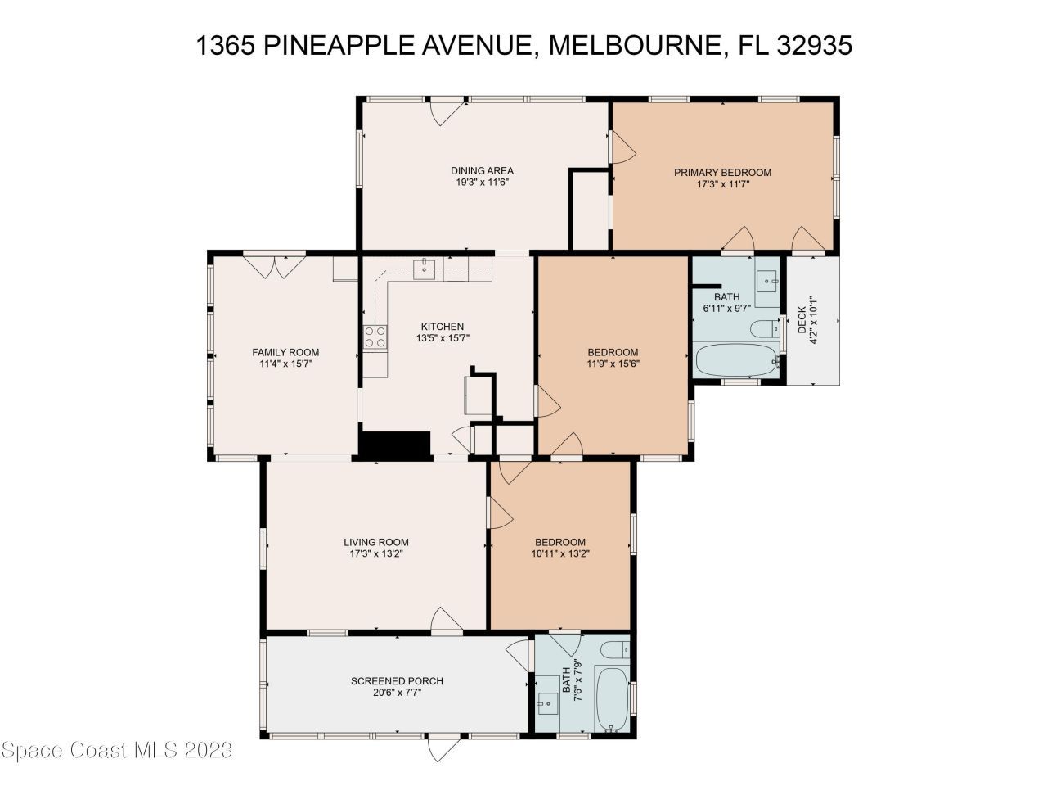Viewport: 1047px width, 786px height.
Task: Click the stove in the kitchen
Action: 375,337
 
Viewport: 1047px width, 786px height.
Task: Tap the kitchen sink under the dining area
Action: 425,268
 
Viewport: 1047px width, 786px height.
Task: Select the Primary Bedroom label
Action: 722,173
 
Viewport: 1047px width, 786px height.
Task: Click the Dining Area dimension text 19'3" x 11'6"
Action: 482,183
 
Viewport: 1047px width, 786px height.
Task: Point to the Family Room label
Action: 285,353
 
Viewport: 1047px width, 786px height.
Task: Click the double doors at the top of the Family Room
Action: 275,266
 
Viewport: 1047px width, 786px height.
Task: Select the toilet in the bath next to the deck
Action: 764,330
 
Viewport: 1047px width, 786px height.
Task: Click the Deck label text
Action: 802,314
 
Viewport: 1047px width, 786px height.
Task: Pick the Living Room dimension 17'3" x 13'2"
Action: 375,553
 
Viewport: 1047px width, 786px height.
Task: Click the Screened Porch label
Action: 397,681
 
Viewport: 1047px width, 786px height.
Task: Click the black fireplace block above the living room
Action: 395,444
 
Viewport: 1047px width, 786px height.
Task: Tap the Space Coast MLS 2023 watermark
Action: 117,749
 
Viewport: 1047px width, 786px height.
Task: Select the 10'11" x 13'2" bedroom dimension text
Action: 560,553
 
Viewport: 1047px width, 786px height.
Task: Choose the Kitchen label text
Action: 443,327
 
